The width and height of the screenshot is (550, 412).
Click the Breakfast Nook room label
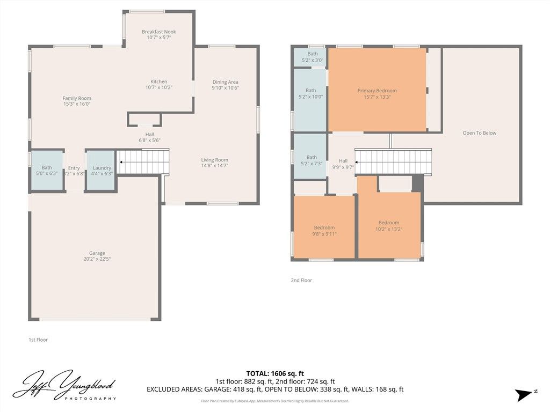point(158,32)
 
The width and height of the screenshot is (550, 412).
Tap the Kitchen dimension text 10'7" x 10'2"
point(158,87)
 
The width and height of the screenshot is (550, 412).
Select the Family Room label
point(76,98)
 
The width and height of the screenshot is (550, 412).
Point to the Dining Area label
point(225,82)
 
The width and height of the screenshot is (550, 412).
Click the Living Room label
point(214,160)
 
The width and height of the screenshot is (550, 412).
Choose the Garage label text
point(97,253)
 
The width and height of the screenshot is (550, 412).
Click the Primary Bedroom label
point(377,91)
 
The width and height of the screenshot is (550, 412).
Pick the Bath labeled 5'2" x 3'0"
point(312,56)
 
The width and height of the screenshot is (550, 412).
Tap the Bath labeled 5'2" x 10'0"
point(310,93)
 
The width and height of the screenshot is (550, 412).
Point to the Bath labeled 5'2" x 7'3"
point(312,160)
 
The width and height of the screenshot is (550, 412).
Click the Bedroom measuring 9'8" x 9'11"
point(324,230)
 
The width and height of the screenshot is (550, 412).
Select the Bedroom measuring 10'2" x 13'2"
point(388,226)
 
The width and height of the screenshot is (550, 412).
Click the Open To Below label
point(479,133)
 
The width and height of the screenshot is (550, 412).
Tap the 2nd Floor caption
point(301,281)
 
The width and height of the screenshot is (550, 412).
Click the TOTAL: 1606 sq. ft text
point(275,373)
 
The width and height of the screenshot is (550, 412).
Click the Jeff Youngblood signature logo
point(64,385)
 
